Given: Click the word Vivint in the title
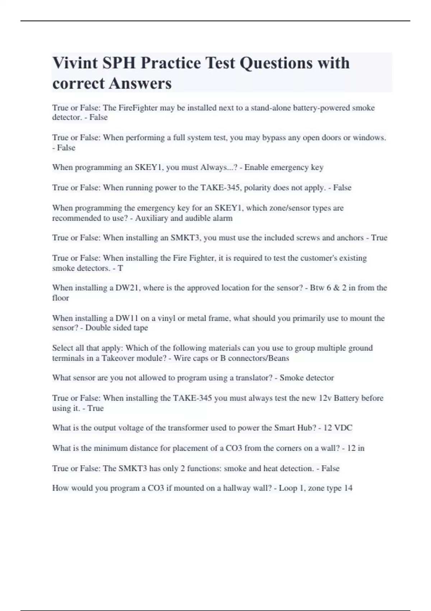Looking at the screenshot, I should pos(75,63).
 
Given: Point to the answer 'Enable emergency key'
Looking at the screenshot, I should pos(284,167).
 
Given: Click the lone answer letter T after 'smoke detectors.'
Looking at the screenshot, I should pos(120,268).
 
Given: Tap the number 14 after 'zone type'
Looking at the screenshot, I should pos(348,488).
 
